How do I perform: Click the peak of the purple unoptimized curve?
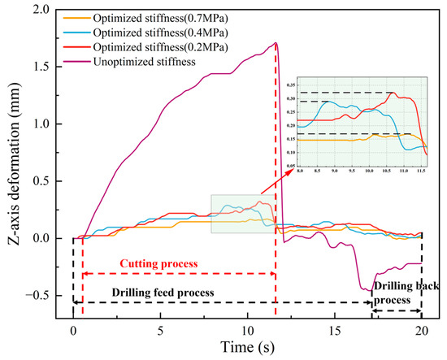pyautogui.click(x=276, y=43)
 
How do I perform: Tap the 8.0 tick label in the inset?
pyautogui.click(x=300, y=171)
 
